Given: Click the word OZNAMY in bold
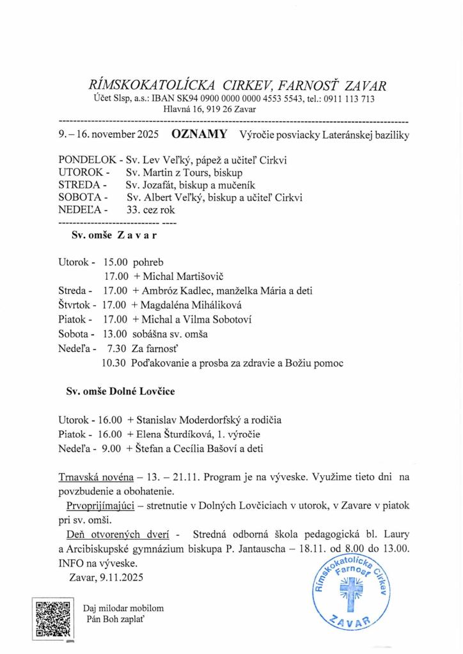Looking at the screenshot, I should click(199, 135).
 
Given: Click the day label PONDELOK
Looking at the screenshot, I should click(87, 160).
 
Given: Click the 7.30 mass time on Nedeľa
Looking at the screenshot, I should click(116, 348).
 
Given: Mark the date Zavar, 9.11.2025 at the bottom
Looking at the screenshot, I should click(105, 577).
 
